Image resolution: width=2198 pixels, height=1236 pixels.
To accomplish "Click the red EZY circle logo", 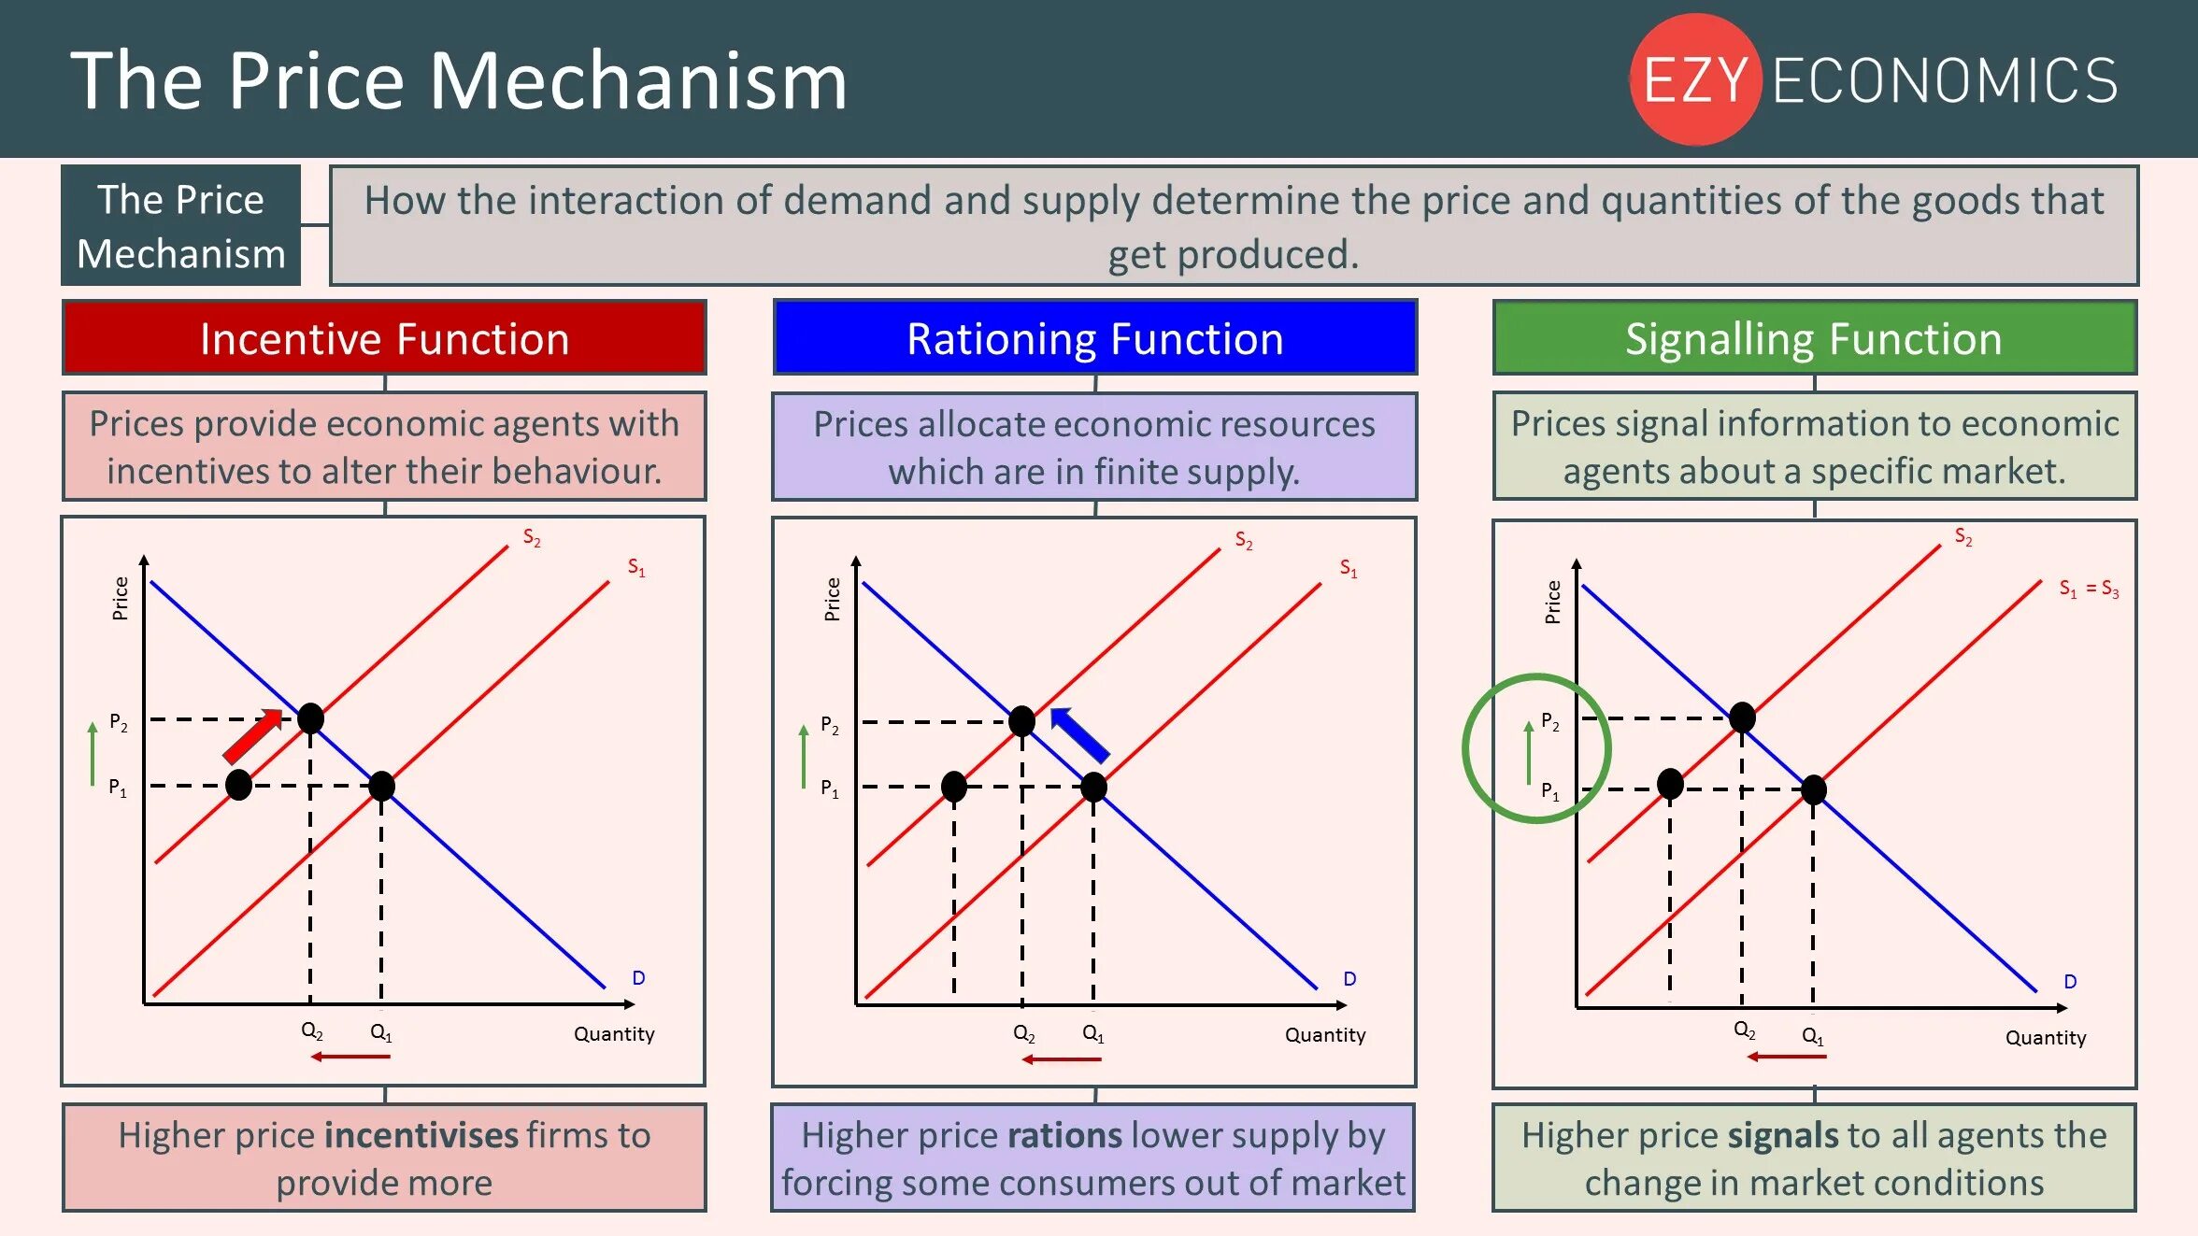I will tap(1695, 79).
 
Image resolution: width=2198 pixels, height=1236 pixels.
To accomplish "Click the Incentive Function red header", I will tap(384, 338).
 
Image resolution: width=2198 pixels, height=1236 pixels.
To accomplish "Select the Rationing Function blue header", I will tap(1094, 338).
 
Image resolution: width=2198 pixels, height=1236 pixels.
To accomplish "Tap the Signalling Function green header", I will tap(1814, 338).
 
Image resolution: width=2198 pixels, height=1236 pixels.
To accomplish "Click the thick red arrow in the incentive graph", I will tap(252, 736).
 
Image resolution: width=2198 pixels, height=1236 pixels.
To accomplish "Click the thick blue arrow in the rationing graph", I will tap(1080, 734).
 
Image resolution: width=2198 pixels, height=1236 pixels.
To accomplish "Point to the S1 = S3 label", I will tap(2089, 589).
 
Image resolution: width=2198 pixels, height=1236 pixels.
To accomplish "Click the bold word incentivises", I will tap(421, 1135).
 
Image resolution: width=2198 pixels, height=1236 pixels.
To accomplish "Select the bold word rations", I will tap(1064, 1135).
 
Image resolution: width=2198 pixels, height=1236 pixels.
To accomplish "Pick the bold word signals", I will tap(1783, 1135).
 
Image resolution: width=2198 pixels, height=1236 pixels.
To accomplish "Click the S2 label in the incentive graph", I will tap(532, 537).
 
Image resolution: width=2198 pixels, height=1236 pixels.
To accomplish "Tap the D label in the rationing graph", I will tap(1349, 979).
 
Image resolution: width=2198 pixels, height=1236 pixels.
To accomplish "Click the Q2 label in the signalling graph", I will tap(1744, 1030).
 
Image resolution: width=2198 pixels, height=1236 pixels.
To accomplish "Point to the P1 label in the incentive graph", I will tap(118, 788).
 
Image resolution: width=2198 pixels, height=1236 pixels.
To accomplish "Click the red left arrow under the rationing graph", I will tap(1062, 1059).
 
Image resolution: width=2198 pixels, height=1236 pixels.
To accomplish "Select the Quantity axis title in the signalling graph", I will tap(2046, 1038).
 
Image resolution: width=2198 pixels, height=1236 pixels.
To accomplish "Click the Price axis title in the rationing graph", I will tap(832, 599).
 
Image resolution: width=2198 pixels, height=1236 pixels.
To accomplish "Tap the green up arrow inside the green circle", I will tap(1529, 752).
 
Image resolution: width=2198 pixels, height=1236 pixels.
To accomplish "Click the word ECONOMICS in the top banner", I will tap(1945, 80).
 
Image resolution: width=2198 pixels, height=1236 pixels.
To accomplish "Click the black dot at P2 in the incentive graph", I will tap(310, 718).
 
